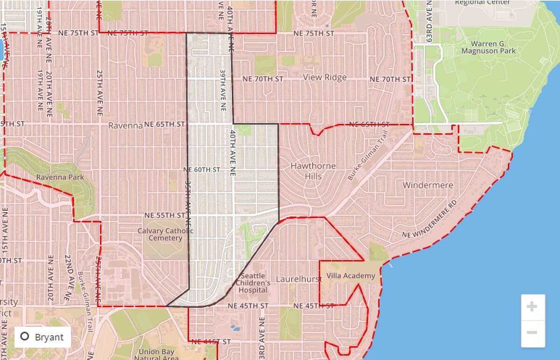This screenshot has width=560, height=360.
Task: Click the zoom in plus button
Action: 532,307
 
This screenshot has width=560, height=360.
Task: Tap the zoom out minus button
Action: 532,333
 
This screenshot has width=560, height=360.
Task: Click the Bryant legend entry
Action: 42,337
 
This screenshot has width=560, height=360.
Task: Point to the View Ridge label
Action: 325,77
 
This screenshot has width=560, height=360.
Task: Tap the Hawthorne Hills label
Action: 306,171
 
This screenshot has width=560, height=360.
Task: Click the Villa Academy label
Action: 350,276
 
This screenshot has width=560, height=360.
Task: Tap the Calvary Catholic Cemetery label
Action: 160,234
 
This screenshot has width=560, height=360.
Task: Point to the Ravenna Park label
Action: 61,177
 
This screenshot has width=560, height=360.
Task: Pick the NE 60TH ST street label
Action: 202,170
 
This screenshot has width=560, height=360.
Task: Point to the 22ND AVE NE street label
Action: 68,278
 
